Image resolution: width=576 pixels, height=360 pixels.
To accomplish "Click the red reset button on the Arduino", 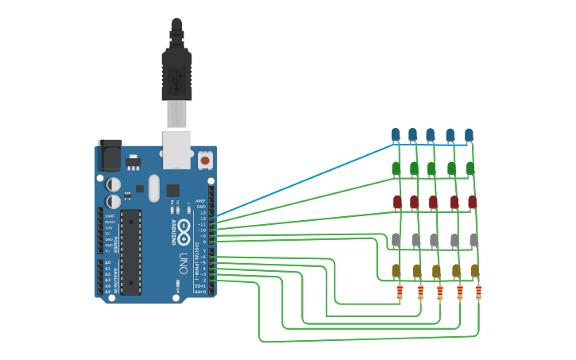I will click(205, 160).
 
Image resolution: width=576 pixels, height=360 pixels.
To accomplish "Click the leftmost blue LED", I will click(396, 134).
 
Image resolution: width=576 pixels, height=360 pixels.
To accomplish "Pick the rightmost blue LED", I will click(469, 134).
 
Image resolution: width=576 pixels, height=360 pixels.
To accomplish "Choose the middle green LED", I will click(431, 168).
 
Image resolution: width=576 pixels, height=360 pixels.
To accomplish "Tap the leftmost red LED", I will click(397, 202).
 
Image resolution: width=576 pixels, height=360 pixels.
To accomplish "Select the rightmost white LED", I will click(474, 238).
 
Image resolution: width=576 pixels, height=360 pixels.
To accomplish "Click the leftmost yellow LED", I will click(396, 271).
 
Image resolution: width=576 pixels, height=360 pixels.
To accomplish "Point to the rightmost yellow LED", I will click(475, 271).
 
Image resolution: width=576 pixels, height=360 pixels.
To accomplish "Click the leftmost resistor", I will click(400, 293).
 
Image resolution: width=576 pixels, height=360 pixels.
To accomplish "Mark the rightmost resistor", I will click(478, 292).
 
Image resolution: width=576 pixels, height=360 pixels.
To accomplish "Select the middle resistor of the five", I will click(439, 293).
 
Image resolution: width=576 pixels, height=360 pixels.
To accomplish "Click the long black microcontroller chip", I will click(131, 250).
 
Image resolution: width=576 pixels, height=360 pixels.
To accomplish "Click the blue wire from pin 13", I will click(302, 179).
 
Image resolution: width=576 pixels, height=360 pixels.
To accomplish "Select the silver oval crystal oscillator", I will click(153, 189).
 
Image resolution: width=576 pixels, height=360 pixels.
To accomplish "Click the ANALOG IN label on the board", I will click(118, 277).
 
